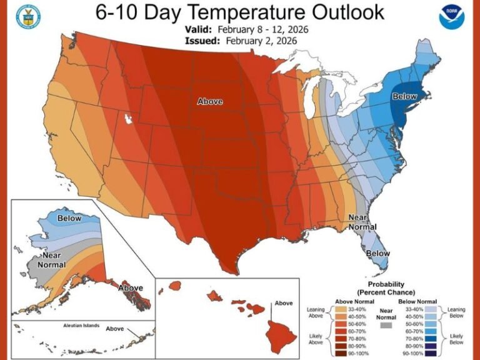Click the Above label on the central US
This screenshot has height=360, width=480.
(210, 101)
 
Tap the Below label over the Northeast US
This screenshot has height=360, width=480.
(405, 96)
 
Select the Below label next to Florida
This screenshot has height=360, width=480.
(377, 254)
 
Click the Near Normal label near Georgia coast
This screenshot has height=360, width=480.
(361, 224)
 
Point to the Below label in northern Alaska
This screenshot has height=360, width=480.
(69, 218)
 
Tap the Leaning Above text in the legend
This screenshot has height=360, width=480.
(316, 312)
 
